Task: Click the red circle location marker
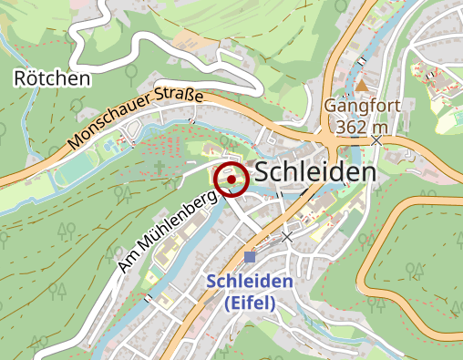231,180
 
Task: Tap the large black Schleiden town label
315,172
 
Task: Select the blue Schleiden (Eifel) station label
249,292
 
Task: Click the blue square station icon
250,257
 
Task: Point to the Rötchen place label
53,78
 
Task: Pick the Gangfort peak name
362,107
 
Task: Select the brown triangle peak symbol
362,85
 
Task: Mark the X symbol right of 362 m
377,140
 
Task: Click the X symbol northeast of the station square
288,236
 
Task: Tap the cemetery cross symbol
159,168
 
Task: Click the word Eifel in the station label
250,303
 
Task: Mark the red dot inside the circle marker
231,180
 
